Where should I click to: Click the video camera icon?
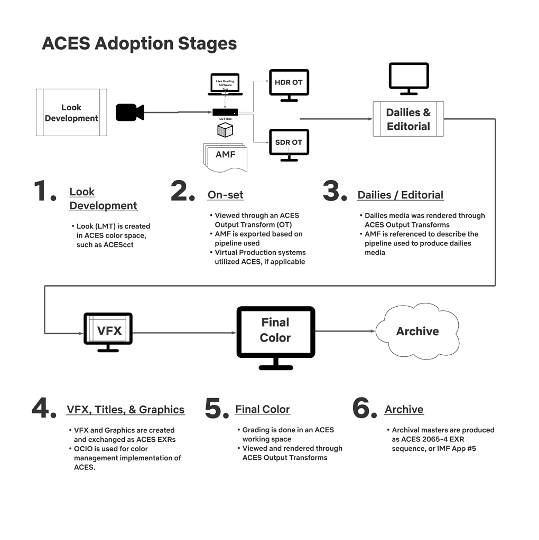pyautogui.click(x=129, y=112)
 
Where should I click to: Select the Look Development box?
pyautogui.click(x=71, y=112)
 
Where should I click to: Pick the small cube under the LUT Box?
pyautogui.click(x=225, y=129)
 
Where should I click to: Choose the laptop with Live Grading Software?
pyautogui.click(x=225, y=85)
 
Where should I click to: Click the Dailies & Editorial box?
pyautogui.click(x=408, y=119)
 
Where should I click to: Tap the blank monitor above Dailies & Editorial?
pyautogui.click(x=408, y=77)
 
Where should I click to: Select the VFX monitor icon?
pyautogui.click(x=108, y=331)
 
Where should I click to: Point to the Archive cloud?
pyautogui.click(x=417, y=331)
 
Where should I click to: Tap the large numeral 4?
pyautogui.click(x=44, y=409)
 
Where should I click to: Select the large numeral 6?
pyautogui.click(x=365, y=409)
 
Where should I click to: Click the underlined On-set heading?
pyautogui.click(x=225, y=195)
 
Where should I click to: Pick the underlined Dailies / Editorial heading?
pyautogui.click(x=400, y=195)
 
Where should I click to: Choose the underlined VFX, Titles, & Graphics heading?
pyautogui.click(x=125, y=410)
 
